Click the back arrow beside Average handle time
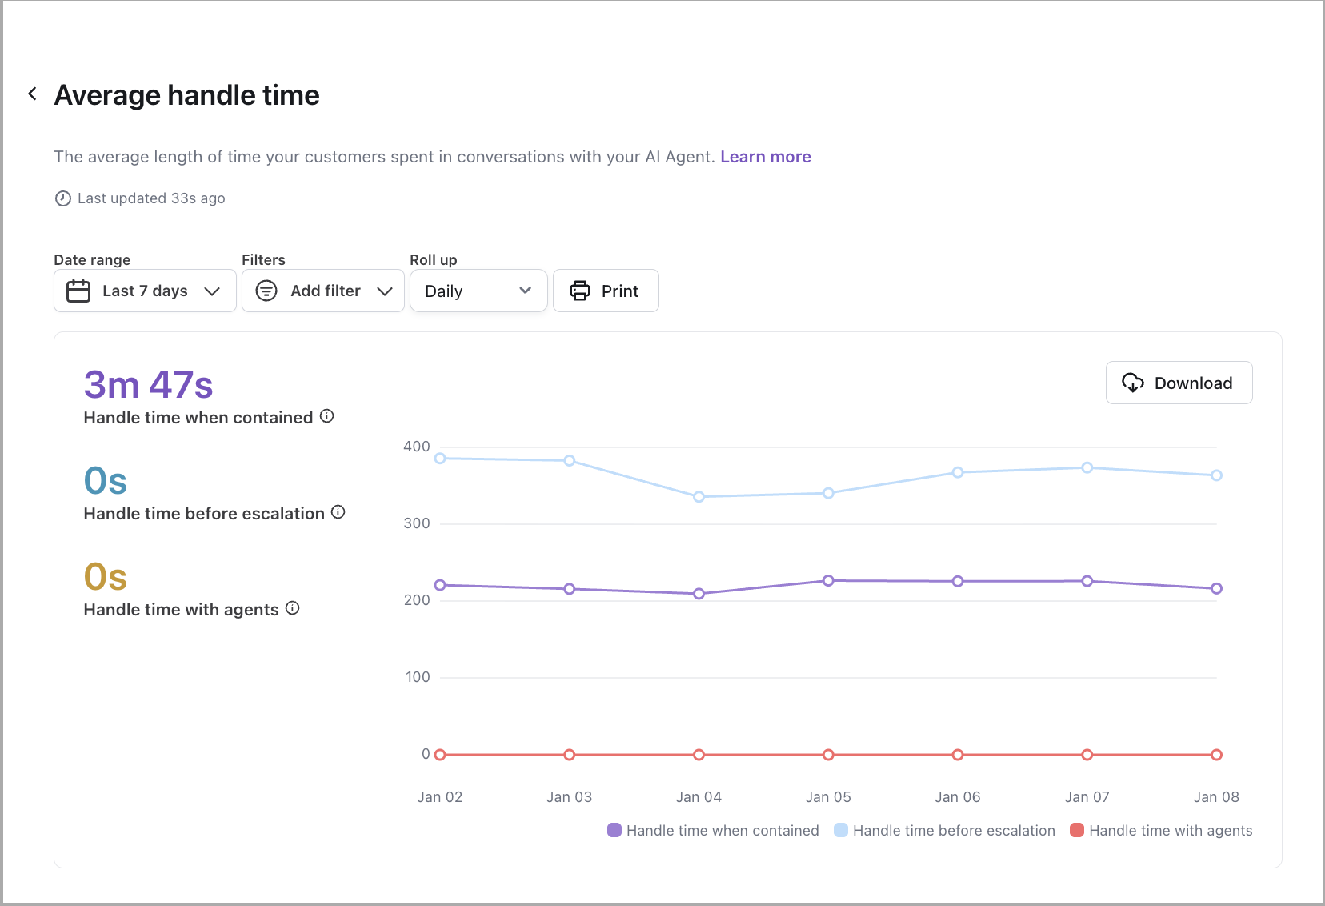pos(33,94)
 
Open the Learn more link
pos(766,157)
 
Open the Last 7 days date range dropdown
pos(145,291)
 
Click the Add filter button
pos(323,291)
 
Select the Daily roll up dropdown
pos(478,291)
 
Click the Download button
pos(1179,383)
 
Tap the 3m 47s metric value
pos(149,385)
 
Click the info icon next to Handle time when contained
pos(327,416)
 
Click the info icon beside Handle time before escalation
pos(338,512)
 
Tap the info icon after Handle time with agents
pos(293,607)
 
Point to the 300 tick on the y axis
pos(416,523)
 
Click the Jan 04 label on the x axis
pos(699,797)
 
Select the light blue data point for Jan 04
pos(699,496)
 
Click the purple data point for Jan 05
pos(828,580)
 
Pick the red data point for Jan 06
pos(958,755)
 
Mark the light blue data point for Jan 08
pos(1216,475)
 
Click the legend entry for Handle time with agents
pos(1161,830)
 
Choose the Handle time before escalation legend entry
pos(944,830)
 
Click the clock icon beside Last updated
pos(62,198)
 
